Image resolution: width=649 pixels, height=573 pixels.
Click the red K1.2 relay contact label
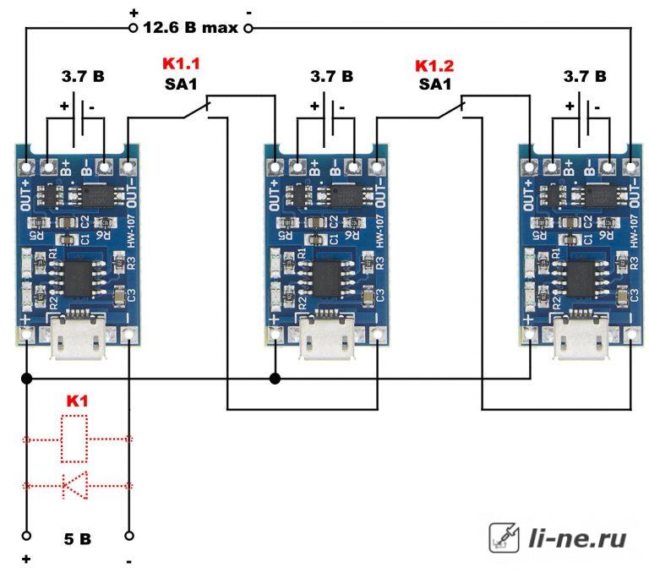tap(434, 65)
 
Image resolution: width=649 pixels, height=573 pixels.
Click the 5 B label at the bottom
tap(77, 538)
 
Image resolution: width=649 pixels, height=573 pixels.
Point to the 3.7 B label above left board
tap(83, 77)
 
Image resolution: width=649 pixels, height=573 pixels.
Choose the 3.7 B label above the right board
tap(584, 77)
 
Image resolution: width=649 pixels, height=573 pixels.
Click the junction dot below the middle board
tap(275, 378)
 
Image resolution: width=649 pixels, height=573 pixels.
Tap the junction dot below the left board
tap(26, 378)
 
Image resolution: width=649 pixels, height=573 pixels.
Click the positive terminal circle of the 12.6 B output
tap(134, 28)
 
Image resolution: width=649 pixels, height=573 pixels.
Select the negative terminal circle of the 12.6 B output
tap(248, 28)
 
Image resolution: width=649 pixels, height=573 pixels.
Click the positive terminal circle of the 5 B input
tap(26, 536)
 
